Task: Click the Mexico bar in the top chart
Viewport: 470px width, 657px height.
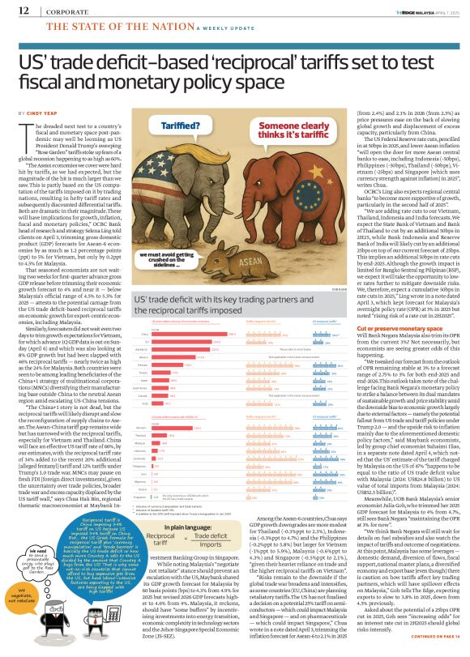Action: (177, 356)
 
